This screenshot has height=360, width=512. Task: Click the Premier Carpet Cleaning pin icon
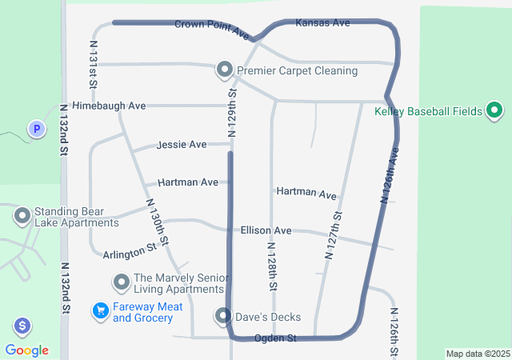(x=225, y=70)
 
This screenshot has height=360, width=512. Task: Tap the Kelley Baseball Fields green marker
(x=494, y=110)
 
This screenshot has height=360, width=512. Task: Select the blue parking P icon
(x=36, y=128)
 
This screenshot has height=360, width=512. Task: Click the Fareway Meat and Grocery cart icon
(x=101, y=310)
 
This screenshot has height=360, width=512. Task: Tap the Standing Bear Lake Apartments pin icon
(x=22, y=215)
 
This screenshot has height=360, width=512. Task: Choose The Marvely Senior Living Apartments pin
(x=122, y=282)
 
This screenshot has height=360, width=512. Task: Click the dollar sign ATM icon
(x=22, y=326)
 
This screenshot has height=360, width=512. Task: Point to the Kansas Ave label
(x=322, y=23)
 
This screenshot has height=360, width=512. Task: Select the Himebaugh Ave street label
(x=109, y=106)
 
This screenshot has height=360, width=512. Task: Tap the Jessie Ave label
(x=182, y=145)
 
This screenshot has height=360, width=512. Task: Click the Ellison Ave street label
(x=266, y=230)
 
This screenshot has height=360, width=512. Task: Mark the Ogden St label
(x=275, y=338)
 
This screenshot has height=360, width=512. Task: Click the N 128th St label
(x=272, y=266)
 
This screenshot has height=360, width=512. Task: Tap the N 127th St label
(x=334, y=235)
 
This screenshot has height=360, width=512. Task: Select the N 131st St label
(x=94, y=65)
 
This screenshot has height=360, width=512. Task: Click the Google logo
(x=27, y=350)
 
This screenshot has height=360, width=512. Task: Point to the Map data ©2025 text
(x=478, y=354)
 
